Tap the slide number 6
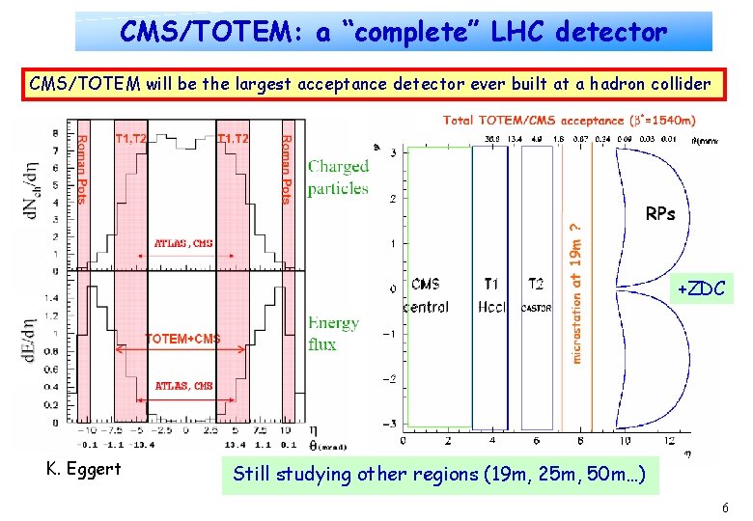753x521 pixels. click(x=724, y=508)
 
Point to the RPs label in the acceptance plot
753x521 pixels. click(x=660, y=214)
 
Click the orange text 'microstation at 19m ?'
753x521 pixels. click(x=576, y=289)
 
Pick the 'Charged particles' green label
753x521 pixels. click(x=338, y=177)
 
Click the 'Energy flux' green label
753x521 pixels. click(x=333, y=333)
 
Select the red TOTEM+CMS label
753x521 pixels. click(x=182, y=338)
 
